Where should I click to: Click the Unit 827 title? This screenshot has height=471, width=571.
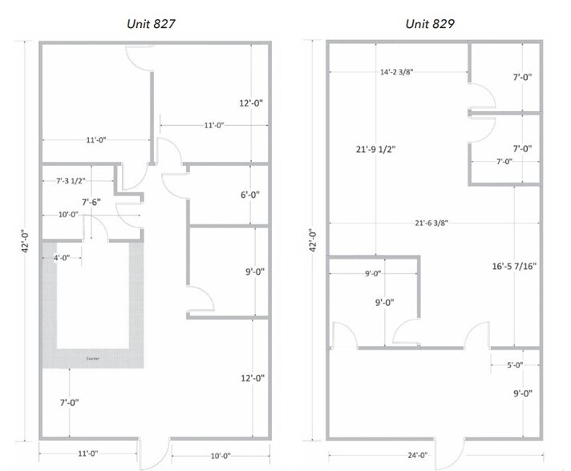(151, 23)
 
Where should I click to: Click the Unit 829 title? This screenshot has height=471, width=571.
(430, 23)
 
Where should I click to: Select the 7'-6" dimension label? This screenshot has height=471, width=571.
(91, 202)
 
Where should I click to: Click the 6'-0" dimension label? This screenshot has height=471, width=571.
(250, 195)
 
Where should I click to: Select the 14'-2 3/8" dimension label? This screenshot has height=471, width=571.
(397, 71)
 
